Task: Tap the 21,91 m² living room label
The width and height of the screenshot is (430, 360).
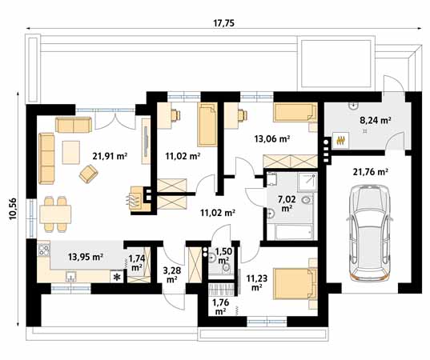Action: point(111,157)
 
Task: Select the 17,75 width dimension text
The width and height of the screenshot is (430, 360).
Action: point(224,23)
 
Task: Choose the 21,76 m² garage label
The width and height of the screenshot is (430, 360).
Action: point(370,171)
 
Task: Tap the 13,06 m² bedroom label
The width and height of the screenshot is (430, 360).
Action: point(272,138)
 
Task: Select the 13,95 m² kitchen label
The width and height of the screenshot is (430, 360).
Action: point(86,257)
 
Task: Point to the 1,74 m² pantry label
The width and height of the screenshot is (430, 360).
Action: point(137,262)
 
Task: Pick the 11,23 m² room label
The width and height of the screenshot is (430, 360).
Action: point(258,282)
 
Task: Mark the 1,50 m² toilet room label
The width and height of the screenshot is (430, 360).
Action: point(223,256)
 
